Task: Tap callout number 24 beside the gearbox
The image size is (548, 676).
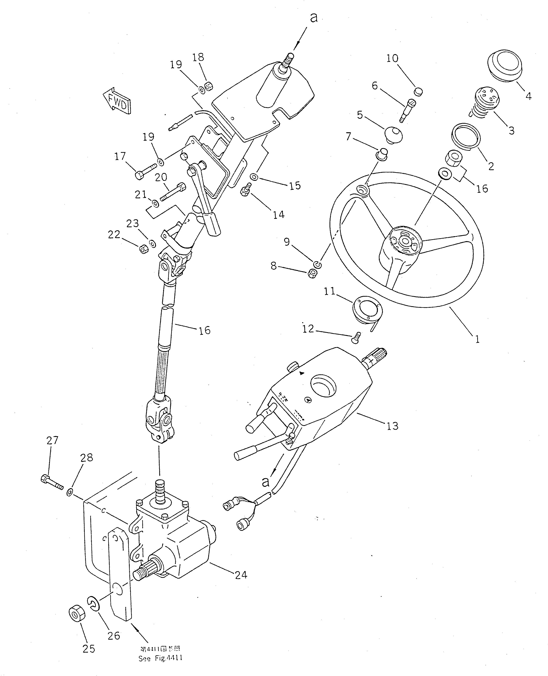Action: (241, 575)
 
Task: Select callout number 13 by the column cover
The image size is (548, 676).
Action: (392, 426)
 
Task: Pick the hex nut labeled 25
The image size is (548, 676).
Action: (76, 613)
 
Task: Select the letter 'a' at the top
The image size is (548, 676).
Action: (314, 18)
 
